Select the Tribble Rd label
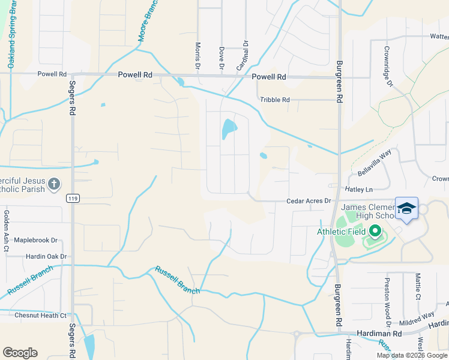(275, 100)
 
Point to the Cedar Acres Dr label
(309, 200)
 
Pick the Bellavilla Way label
(375, 162)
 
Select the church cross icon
(54, 184)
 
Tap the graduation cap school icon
(406, 208)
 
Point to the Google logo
(20, 353)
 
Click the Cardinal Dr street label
(245, 55)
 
